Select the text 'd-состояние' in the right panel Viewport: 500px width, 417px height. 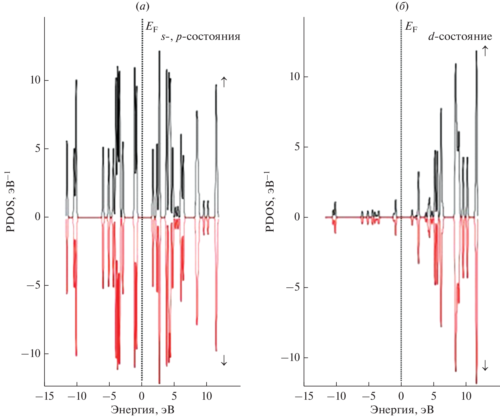click(460, 36)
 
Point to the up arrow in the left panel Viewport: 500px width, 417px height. click(224, 82)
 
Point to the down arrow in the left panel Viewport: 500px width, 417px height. click(224, 360)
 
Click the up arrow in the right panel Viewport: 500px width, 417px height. click(485, 51)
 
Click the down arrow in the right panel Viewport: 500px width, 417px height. click(485, 365)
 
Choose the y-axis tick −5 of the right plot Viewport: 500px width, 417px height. click(293, 287)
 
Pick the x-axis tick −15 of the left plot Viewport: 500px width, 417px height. click(45, 396)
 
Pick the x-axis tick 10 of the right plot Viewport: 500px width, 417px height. click(466, 396)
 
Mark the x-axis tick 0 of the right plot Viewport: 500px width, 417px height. click(401, 396)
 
